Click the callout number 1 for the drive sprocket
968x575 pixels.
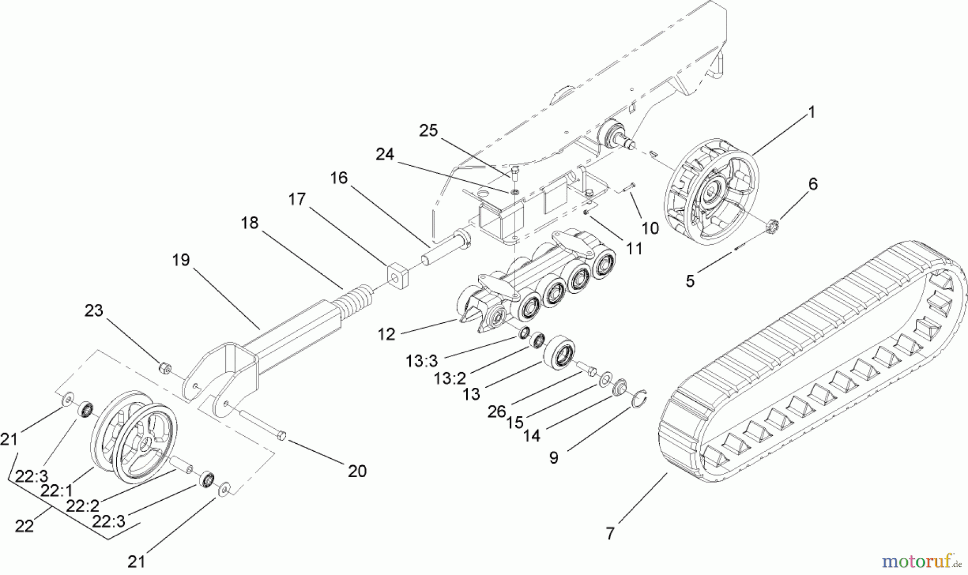click(812, 112)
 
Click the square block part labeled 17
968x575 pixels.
click(397, 275)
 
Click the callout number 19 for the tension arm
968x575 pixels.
click(181, 260)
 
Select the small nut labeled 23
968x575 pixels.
click(166, 368)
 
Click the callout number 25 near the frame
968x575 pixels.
click(429, 131)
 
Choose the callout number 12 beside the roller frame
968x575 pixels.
click(386, 335)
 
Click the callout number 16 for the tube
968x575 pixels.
click(339, 178)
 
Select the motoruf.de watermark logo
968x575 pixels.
click(921, 562)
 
